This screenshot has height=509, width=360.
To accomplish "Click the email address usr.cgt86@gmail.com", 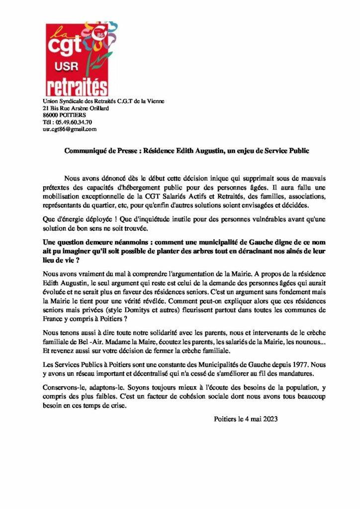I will (x=70, y=129).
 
